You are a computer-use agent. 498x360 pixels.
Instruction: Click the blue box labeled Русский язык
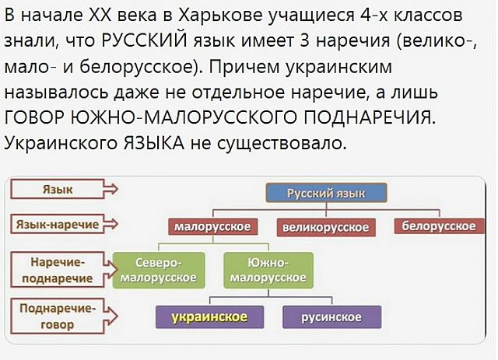[x=326, y=193]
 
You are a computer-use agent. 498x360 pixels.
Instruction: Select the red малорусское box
[x=212, y=227]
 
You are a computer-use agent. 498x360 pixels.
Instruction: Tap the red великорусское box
[x=326, y=227]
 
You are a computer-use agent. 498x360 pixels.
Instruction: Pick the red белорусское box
[x=439, y=226]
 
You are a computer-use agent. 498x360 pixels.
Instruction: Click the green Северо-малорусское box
[x=159, y=270]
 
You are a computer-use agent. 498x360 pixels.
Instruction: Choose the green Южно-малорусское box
[x=268, y=270]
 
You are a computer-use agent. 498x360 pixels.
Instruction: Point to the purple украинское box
[x=209, y=317]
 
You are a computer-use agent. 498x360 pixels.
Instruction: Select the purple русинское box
[x=331, y=317]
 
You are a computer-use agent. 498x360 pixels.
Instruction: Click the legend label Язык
[x=58, y=189]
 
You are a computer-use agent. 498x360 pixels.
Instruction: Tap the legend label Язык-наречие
[x=58, y=224]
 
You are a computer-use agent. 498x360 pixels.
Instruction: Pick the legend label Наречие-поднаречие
[x=58, y=270]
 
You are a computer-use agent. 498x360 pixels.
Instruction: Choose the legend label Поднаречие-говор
[x=58, y=316]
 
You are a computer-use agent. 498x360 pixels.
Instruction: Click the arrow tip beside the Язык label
[x=117, y=189]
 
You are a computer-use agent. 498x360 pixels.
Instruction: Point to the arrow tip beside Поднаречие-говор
[x=117, y=316]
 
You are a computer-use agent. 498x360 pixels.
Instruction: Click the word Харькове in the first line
[x=221, y=15]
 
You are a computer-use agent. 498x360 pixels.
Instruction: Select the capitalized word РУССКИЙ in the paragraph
[x=145, y=40]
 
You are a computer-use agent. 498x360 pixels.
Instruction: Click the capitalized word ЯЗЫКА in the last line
[x=153, y=143]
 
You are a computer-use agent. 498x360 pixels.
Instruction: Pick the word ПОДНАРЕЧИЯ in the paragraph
[x=368, y=117]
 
